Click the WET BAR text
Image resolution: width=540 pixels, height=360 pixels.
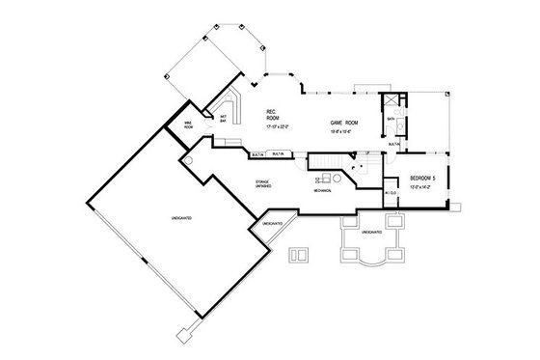click(x=223, y=119)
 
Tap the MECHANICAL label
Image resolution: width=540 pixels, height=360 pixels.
click(x=322, y=190)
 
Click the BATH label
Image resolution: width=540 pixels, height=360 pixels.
click(x=391, y=120)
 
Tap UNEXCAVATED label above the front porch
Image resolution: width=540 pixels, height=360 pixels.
click(x=370, y=233)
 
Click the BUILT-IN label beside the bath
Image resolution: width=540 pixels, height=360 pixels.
click(x=393, y=143)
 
